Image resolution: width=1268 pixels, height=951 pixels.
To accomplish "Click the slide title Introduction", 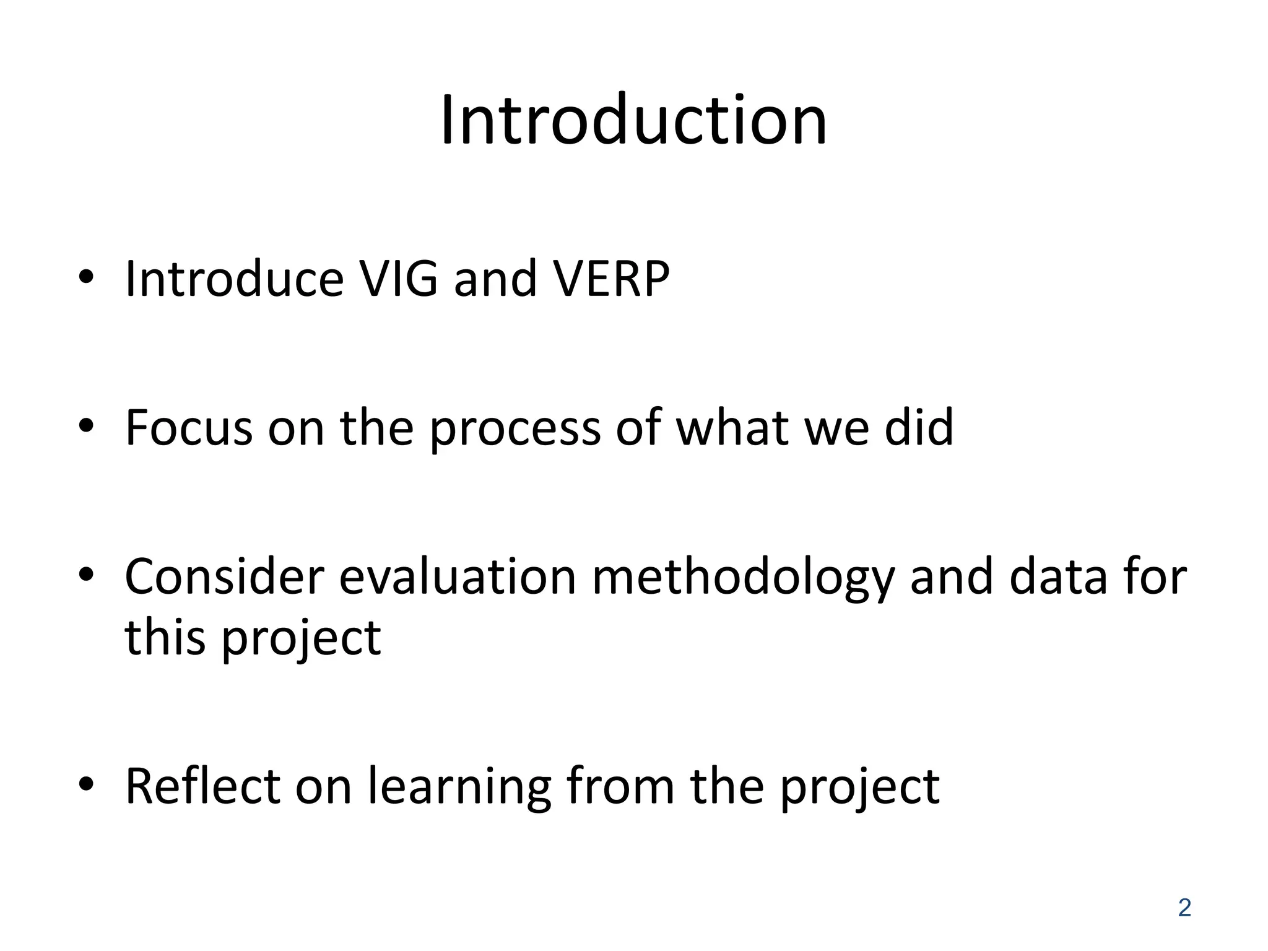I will pyautogui.click(x=633, y=120).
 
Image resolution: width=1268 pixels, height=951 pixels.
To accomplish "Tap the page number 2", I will pyautogui.click(x=1184, y=908).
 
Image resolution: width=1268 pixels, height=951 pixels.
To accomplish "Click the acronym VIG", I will pyautogui.click(x=399, y=279).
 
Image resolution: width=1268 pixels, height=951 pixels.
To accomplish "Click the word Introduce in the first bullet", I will pyautogui.click(x=234, y=279).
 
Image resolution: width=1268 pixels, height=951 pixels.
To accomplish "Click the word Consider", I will pyautogui.click(x=224, y=577).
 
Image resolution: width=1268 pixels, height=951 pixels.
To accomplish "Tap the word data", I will pyautogui.click(x=1057, y=577).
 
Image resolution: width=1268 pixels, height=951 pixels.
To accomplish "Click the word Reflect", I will pyautogui.click(x=202, y=786).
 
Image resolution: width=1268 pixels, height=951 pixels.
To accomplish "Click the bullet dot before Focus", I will pyautogui.click(x=86, y=425).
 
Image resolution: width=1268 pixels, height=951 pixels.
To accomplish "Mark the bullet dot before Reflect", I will pyautogui.click(x=86, y=784).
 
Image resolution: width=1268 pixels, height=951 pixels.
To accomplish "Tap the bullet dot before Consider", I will pyautogui.click(x=86, y=575).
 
